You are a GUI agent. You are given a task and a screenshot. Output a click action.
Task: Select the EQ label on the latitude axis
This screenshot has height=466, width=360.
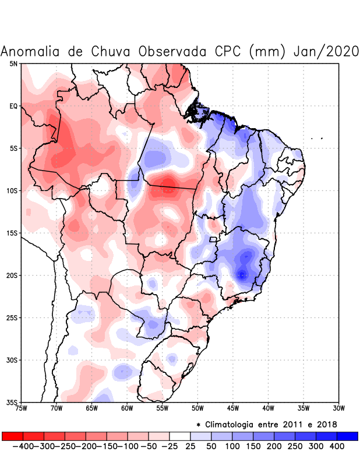pos(13,106)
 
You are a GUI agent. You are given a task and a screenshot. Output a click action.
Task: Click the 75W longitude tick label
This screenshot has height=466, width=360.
pos(21,408)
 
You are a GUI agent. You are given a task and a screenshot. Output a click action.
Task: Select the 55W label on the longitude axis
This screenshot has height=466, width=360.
pos(162,408)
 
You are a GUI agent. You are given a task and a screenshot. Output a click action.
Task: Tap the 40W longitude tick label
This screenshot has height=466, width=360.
pos(268,408)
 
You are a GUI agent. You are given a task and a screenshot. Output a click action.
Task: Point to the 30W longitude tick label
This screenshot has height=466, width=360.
pos(338,408)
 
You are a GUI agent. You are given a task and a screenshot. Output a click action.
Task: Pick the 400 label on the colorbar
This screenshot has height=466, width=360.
pos(336,446)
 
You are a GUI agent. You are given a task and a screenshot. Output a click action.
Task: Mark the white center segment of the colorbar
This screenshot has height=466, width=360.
pos(179,436)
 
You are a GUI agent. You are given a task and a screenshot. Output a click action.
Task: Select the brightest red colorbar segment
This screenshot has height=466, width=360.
pos(12,436)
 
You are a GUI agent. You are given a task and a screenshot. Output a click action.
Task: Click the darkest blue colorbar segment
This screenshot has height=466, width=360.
pos(347,436)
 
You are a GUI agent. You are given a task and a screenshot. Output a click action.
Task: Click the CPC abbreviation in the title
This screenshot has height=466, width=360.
pos(225,51)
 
